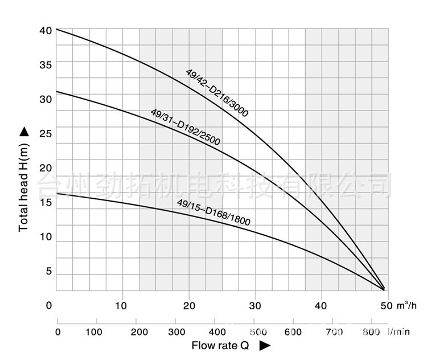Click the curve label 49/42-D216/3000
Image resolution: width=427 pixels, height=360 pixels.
[217, 93]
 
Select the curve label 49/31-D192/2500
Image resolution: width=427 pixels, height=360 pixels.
[185, 128]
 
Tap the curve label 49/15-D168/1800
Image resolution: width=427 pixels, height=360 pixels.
[213, 212]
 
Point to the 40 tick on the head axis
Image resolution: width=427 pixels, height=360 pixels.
[46, 30]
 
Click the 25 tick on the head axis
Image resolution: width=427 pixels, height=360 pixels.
[46, 134]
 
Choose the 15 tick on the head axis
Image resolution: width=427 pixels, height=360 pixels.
[46, 203]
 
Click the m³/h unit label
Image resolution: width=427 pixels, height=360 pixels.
[406, 305]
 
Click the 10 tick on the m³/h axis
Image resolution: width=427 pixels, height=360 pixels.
[122, 305]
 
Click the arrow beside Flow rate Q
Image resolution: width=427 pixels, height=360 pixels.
[264, 345]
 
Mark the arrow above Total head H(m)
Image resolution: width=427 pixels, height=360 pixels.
[24, 132]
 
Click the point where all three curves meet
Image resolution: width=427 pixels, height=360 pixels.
[384, 289]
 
